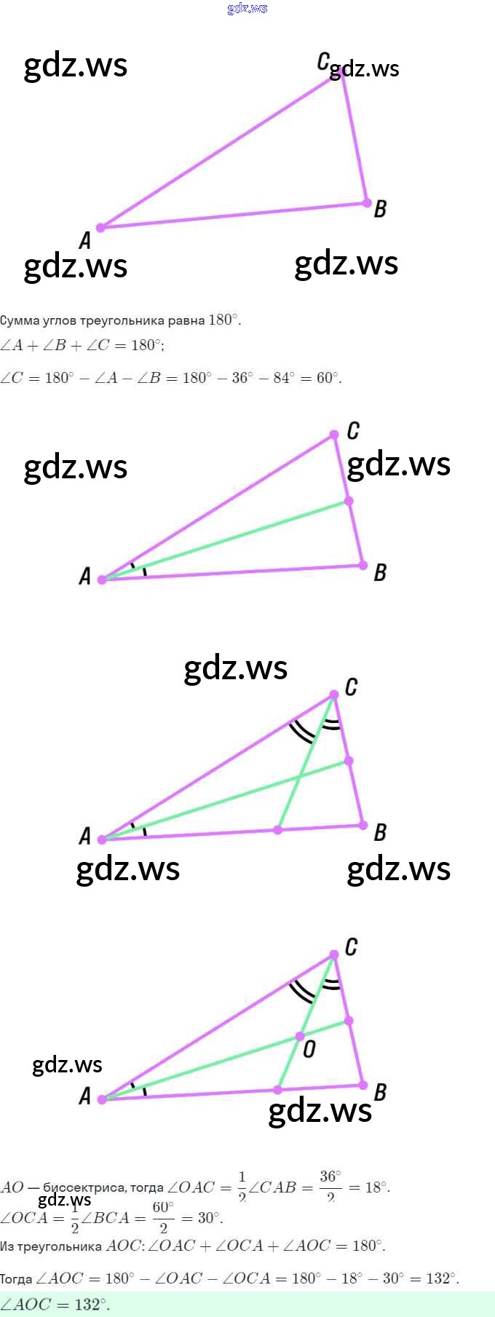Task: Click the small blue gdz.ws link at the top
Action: click(247, 8)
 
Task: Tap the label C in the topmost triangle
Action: click(323, 62)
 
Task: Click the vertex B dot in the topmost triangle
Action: click(367, 203)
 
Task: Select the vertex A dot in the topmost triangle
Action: click(100, 227)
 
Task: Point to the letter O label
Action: click(309, 1049)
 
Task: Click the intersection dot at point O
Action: click(299, 1036)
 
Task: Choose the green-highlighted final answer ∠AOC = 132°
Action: click(55, 1304)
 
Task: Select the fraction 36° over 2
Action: click(330, 1187)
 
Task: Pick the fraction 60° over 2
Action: click(163, 1217)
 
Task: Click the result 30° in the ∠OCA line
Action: click(208, 1218)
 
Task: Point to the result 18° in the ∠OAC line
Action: click(376, 1187)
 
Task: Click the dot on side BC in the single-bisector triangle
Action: click(349, 501)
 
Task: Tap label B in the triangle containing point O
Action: click(379, 1092)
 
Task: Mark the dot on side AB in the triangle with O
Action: click(277, 1090)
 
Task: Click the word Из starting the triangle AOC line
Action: click(7, 1246)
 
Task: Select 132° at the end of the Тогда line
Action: click(442, 1278)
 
